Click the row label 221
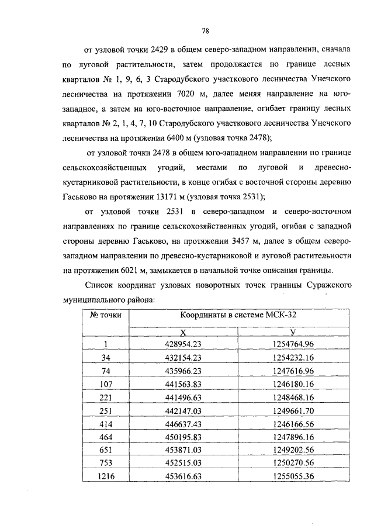coord(105,397)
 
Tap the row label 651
coord(105,451)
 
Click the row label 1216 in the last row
coord(105,477)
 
